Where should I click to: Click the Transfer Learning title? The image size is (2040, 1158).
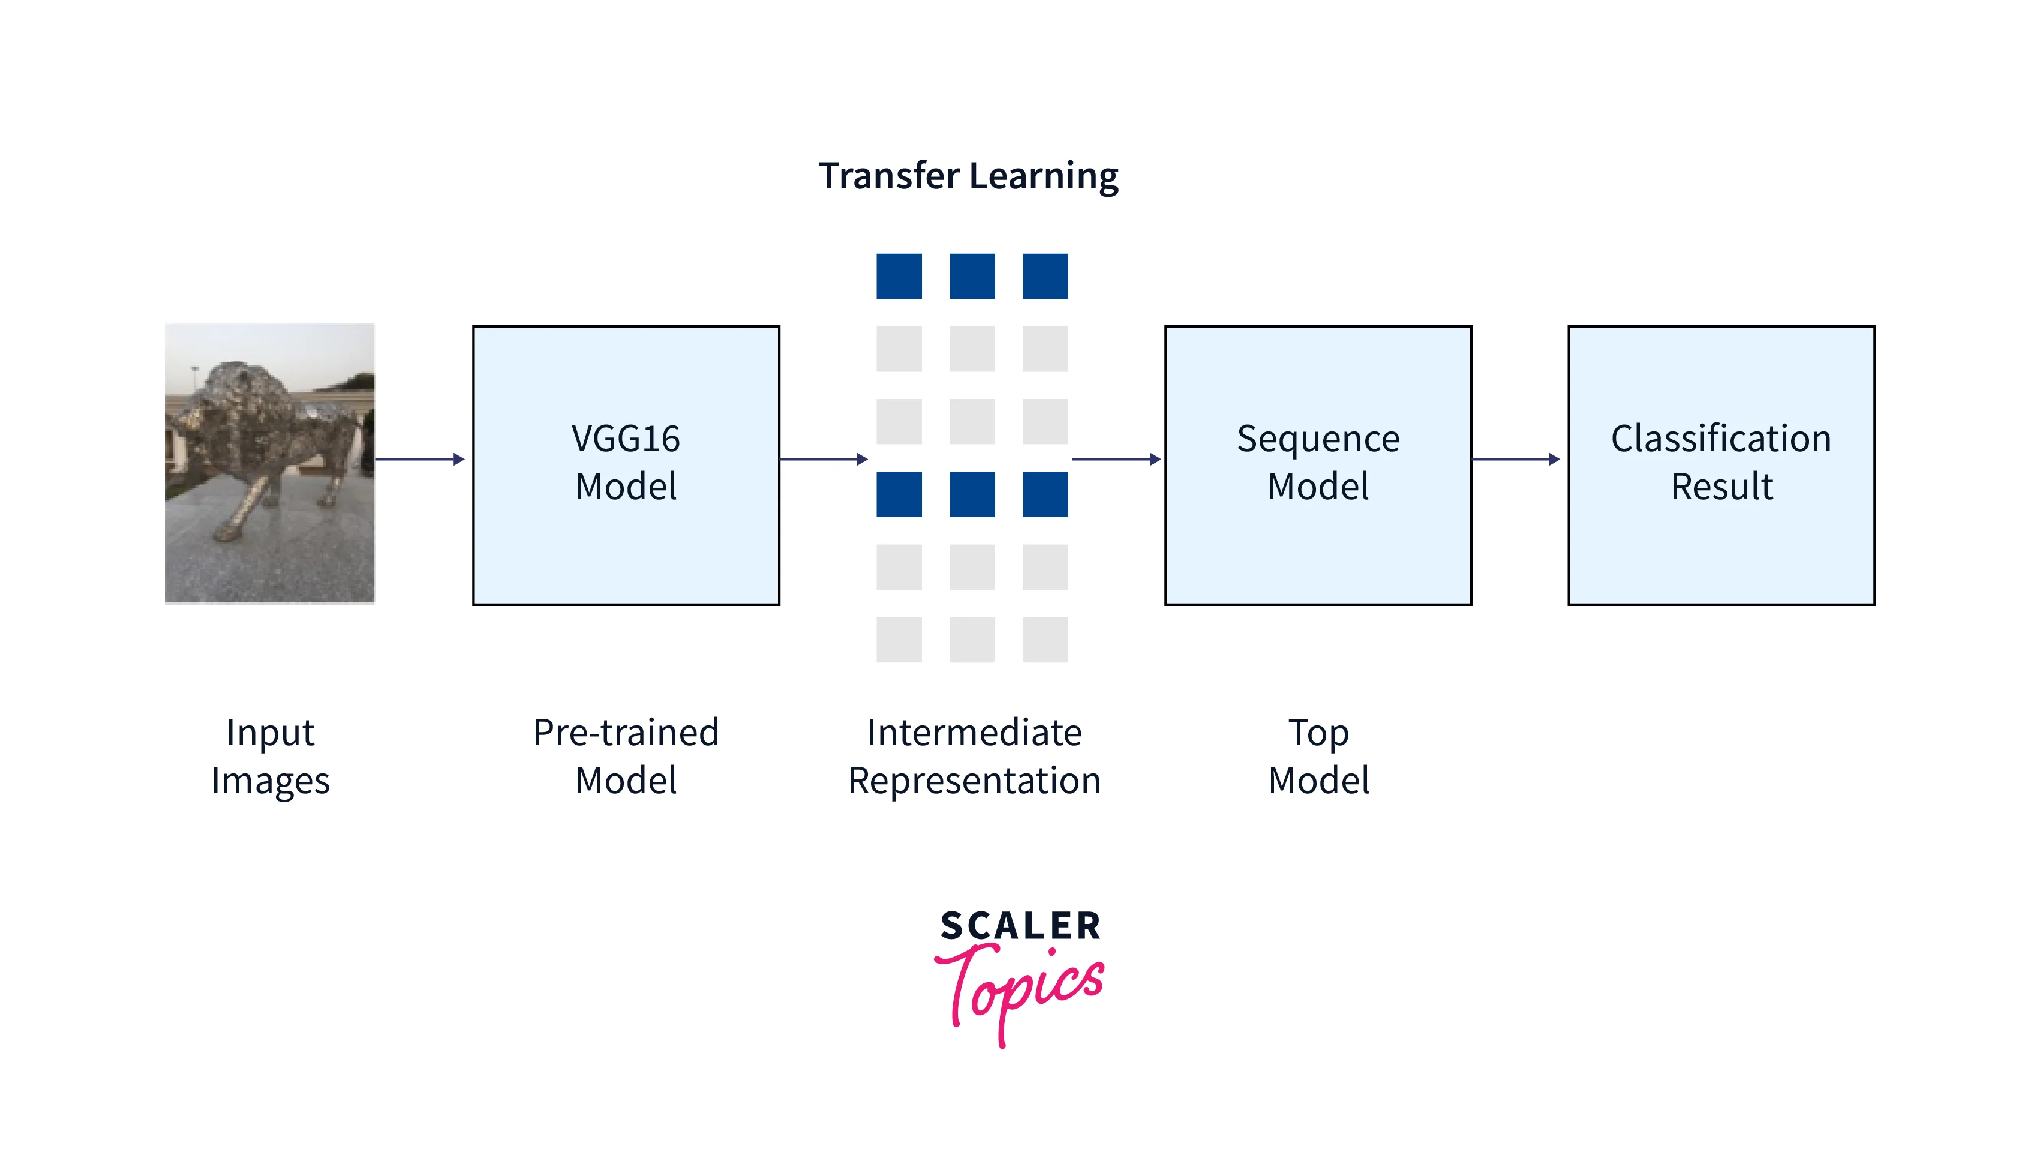(x=968, y=176)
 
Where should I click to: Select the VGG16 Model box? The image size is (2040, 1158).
(x=626, y=464)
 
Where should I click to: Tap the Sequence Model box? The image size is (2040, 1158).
(x=1317, y=464)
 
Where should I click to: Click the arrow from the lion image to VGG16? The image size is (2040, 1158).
(x=419, y=459)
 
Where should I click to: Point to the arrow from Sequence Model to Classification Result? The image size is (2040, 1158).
(x=1515, y=459)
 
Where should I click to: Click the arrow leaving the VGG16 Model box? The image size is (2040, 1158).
(x=823, y=459)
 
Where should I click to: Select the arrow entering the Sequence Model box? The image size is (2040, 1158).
(x=1116, y=459)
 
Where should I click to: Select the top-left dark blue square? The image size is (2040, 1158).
(x=899, y=276)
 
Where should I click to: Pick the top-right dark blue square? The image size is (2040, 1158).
(x=1045, y=276)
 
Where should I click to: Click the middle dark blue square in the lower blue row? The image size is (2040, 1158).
(x=972, y=494)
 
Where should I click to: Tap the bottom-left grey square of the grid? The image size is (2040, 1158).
(x=899, y=640)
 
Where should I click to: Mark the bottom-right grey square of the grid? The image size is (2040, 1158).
(x=1045, y=640)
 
